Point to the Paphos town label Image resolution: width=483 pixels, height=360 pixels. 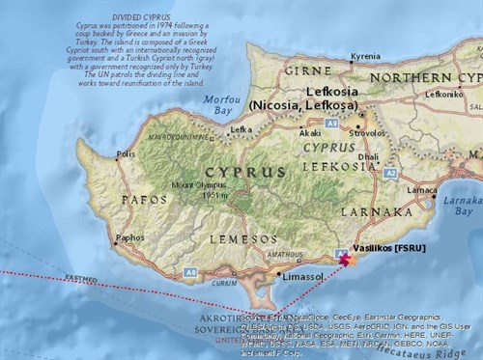(129, 236)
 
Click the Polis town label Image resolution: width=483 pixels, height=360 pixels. (125, 153)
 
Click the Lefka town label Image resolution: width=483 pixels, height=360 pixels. (241, 128)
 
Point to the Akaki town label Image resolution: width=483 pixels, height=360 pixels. (310, 133)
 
